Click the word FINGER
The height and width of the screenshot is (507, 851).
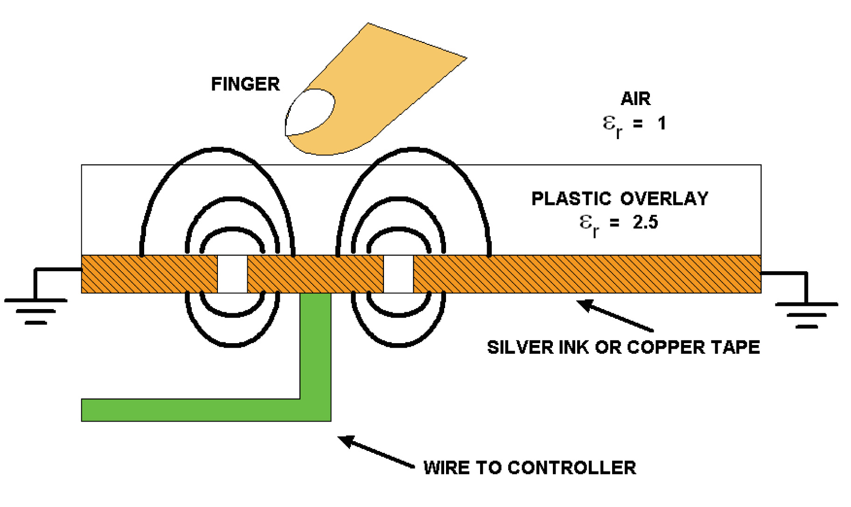tap(245, 84)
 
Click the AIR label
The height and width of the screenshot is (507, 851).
tap(635, 99)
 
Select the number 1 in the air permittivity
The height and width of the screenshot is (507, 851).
tap(662, 123)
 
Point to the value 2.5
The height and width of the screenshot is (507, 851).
tap(645, 222)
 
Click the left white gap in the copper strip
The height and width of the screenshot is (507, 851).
tap(232, 274)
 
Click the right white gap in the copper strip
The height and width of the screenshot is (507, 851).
tap(398, 274)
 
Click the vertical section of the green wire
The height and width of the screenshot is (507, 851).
tap(315, 345)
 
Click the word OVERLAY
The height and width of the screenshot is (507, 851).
tap(664, 199)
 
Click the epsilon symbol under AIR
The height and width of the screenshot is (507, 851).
tap(609, 123)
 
